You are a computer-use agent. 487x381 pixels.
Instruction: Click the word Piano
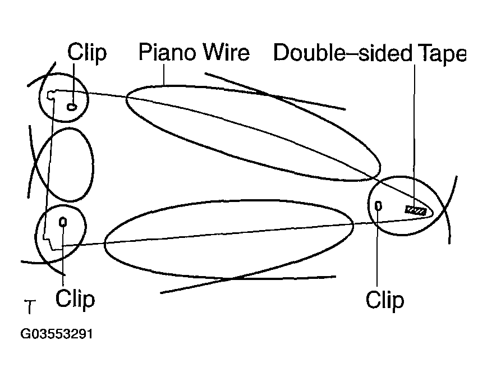tap(167, 52)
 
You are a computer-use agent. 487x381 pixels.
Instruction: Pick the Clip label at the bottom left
tap(75, 299)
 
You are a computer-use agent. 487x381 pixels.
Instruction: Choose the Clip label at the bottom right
tap(385, 300)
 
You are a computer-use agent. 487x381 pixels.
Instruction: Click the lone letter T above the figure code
tap(30, 307)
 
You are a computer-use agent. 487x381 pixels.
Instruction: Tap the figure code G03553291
tap(57, 334)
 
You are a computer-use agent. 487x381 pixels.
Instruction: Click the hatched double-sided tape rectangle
tap(415, 210)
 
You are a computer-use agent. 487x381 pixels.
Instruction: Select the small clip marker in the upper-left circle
tap(72, 107)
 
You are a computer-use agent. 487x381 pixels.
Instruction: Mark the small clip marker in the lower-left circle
tap(63, 222)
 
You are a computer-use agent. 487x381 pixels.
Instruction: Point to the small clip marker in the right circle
tap(378, 205)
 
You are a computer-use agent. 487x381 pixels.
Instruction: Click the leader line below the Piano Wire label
tap(164, 75)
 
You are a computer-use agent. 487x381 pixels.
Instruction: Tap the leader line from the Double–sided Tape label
tap(414, 135)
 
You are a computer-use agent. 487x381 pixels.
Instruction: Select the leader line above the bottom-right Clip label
tap(378, 248)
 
